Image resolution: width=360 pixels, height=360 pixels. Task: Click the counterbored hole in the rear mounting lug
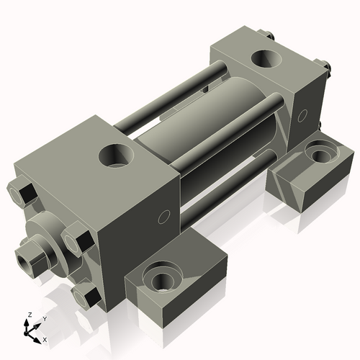point(317,153)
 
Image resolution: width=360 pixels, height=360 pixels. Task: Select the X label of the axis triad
point(45,339)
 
